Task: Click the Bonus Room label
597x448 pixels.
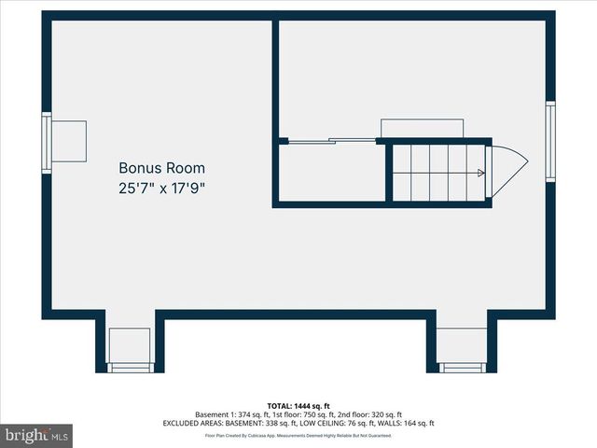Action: (x=161, y=169)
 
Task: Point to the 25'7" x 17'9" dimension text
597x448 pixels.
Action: (x=161, y=188)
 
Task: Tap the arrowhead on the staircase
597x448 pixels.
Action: (x=480, y=173)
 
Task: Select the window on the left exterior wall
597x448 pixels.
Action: (x=46, y=141)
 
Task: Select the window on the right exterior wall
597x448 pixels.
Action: (x=550, y=141)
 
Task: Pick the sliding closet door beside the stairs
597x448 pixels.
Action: (x=330, y=141)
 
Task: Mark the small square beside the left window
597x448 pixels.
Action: (x=69, y=141)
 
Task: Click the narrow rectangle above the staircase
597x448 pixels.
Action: (x=422, y=128)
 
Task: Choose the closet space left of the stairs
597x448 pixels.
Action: (x=332, y=172)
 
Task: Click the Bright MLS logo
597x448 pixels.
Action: (x=36, y=435)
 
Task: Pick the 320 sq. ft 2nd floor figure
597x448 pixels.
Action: (x=382, y=414)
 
